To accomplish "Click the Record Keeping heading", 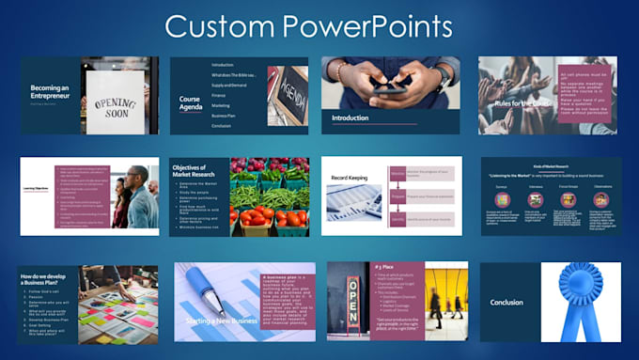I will coord(352,178).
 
